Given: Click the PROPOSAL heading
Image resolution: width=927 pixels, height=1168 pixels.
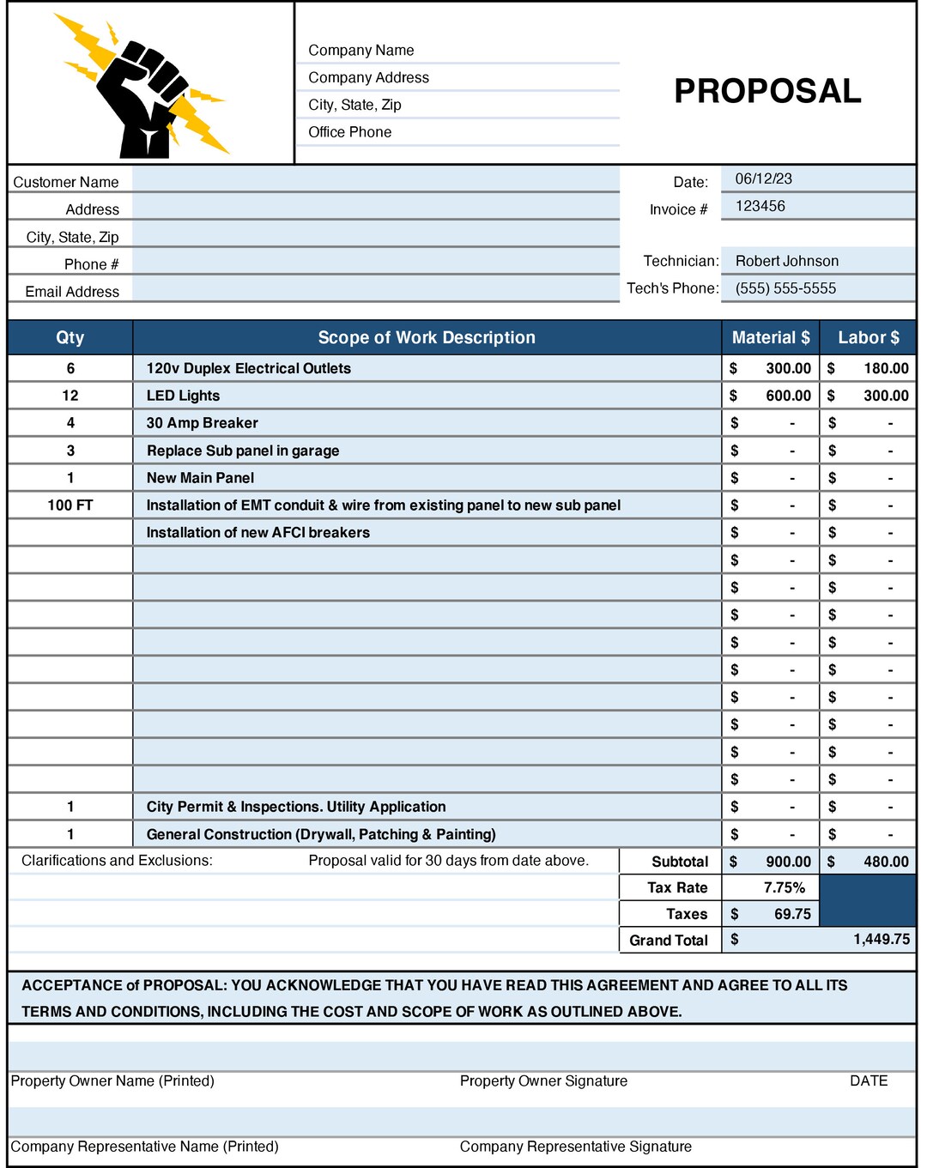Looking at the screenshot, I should (766, 91).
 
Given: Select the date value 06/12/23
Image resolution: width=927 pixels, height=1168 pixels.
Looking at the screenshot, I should (763, 179).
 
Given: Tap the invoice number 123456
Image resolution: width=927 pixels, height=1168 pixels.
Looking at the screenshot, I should (760, 206).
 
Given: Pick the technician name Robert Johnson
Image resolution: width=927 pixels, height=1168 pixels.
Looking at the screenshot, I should (786, 261).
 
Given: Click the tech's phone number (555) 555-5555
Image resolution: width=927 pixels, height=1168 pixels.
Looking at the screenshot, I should (785, 288).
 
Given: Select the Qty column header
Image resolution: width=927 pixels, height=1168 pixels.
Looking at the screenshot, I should (70, 337).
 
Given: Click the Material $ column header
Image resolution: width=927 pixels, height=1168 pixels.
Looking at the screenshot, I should (770, 337).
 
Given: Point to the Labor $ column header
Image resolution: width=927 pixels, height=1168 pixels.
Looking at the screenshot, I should (868, 337).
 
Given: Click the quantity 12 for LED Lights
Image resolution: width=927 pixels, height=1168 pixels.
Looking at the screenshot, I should (70, 396).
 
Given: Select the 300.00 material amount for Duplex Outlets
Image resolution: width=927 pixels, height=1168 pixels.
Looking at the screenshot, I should (787, 368).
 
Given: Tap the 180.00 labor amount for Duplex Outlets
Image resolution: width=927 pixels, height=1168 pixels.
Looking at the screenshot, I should (885, 368).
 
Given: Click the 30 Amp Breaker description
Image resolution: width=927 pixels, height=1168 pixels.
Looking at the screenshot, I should (202, 423).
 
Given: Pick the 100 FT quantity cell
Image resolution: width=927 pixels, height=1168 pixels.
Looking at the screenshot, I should (70, 505).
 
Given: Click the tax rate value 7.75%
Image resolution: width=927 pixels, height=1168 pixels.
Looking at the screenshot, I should (784, 887).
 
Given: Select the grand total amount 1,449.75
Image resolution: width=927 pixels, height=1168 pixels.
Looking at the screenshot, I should (881, 939).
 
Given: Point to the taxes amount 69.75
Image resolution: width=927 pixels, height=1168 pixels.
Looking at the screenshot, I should (791, 914).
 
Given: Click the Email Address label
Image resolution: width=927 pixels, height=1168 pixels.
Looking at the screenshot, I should (72, 292).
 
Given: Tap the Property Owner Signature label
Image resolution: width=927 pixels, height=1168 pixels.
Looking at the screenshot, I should (543, 1081).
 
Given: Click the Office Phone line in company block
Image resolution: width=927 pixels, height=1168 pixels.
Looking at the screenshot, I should (349, 132).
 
